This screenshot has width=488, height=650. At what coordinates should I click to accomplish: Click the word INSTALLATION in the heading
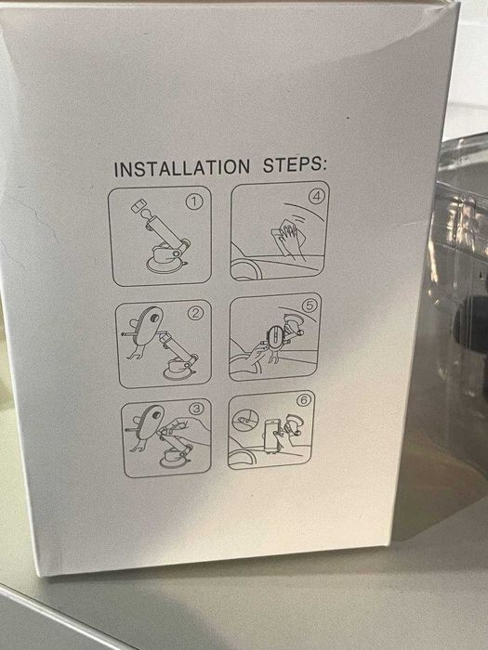[182, 168]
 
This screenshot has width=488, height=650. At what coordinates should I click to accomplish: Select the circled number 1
[194, 202]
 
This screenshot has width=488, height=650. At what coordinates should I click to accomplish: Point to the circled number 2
[195, 313]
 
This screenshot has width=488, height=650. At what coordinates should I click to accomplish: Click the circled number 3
[196, 409]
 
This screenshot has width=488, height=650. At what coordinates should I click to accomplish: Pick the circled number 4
[317, 197]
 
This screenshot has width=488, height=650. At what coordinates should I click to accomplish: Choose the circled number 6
[304, 400]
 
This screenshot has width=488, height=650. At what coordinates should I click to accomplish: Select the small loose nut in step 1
[137, 205]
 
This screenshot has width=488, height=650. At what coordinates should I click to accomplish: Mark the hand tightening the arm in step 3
[182, 427]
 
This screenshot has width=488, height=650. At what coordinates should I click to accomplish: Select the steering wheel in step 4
[246, 268]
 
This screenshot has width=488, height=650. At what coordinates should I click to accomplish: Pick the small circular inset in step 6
[245, 420]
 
